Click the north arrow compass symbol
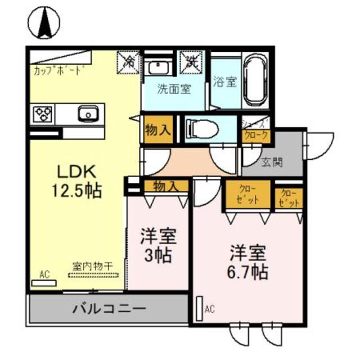coord(44,22)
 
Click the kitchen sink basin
coord(88,114)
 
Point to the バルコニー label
coord(109,309)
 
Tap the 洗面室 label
coord(174,89)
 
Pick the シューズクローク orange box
coord(256,136)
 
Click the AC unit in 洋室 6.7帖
coord(199,308)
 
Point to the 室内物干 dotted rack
coord(94,274)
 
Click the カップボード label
coord(59,71)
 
